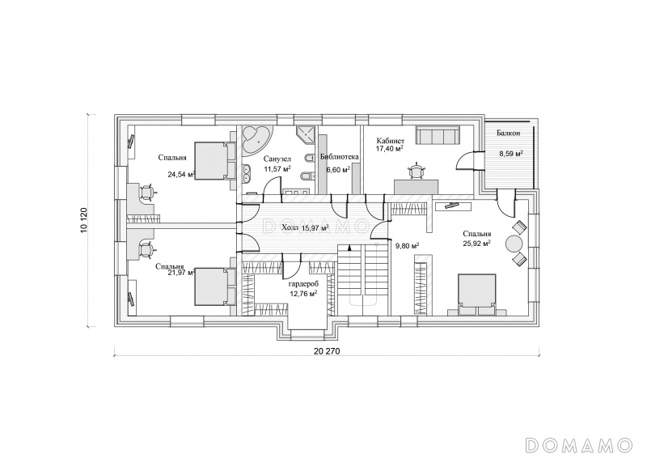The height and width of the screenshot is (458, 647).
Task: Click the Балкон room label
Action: coord(509,134)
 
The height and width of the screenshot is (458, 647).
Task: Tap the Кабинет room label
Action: coord(388,140)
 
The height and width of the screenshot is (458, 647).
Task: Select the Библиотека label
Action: coord(340,157)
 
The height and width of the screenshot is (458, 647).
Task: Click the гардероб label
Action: coord(303,285)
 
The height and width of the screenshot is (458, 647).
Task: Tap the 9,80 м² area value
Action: coord(408,246)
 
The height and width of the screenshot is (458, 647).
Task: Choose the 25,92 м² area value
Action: coord(476,244)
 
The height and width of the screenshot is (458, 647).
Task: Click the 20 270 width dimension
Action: coord(327,352)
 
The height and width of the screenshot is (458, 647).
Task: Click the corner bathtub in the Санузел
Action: coord(256,140)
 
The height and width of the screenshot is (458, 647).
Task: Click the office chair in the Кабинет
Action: coord(416,171)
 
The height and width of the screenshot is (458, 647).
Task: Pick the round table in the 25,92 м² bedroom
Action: coord(514,244)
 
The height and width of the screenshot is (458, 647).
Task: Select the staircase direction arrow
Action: coord(349,248)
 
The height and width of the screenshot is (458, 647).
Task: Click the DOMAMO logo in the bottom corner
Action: coord(579,445)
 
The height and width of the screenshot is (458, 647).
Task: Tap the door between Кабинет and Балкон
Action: coord(468,161)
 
